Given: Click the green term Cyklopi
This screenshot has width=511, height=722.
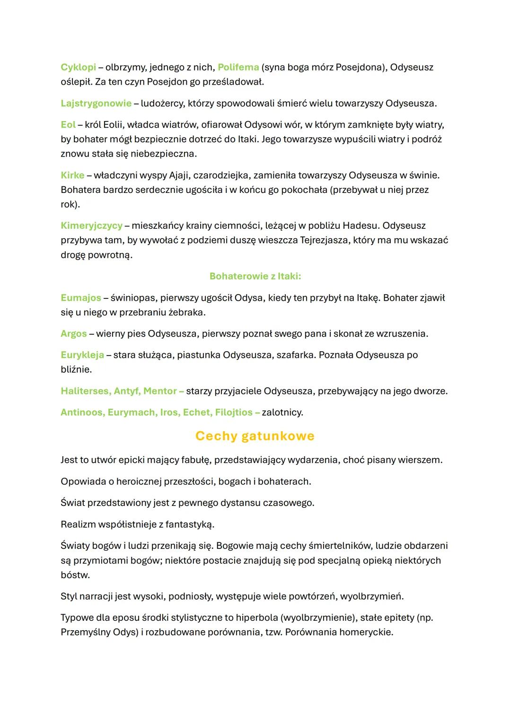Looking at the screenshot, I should (x=78, y=67).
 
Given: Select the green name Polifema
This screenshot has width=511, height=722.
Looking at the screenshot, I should (x=238, y=67).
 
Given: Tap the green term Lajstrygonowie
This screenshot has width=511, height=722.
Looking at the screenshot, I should (x=96, y=103).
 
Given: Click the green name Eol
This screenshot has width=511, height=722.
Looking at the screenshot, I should (x=68, y=125).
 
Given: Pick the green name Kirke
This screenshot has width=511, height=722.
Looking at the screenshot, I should (x=72, y=175).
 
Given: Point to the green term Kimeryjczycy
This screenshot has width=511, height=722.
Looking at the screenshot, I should (x=91, y=226).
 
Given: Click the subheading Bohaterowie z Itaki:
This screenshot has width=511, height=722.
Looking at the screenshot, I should (x=255, y=276).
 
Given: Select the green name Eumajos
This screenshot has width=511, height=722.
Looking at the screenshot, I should (x=81, y=298).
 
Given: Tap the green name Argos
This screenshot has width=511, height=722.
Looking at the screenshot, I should (x=74, y=333).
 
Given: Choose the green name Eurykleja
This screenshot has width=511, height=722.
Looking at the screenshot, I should (x=82, y=355).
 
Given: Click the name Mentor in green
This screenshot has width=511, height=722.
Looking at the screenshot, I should (x=160, y=391).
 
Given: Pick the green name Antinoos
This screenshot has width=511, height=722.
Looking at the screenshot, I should (x=81, y=412).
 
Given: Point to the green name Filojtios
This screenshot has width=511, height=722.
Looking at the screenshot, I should (x=234, y=412).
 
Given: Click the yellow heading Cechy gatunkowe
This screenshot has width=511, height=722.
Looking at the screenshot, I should (x=255, y=435).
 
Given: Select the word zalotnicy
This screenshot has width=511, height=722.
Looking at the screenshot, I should (x=282, y=412).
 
